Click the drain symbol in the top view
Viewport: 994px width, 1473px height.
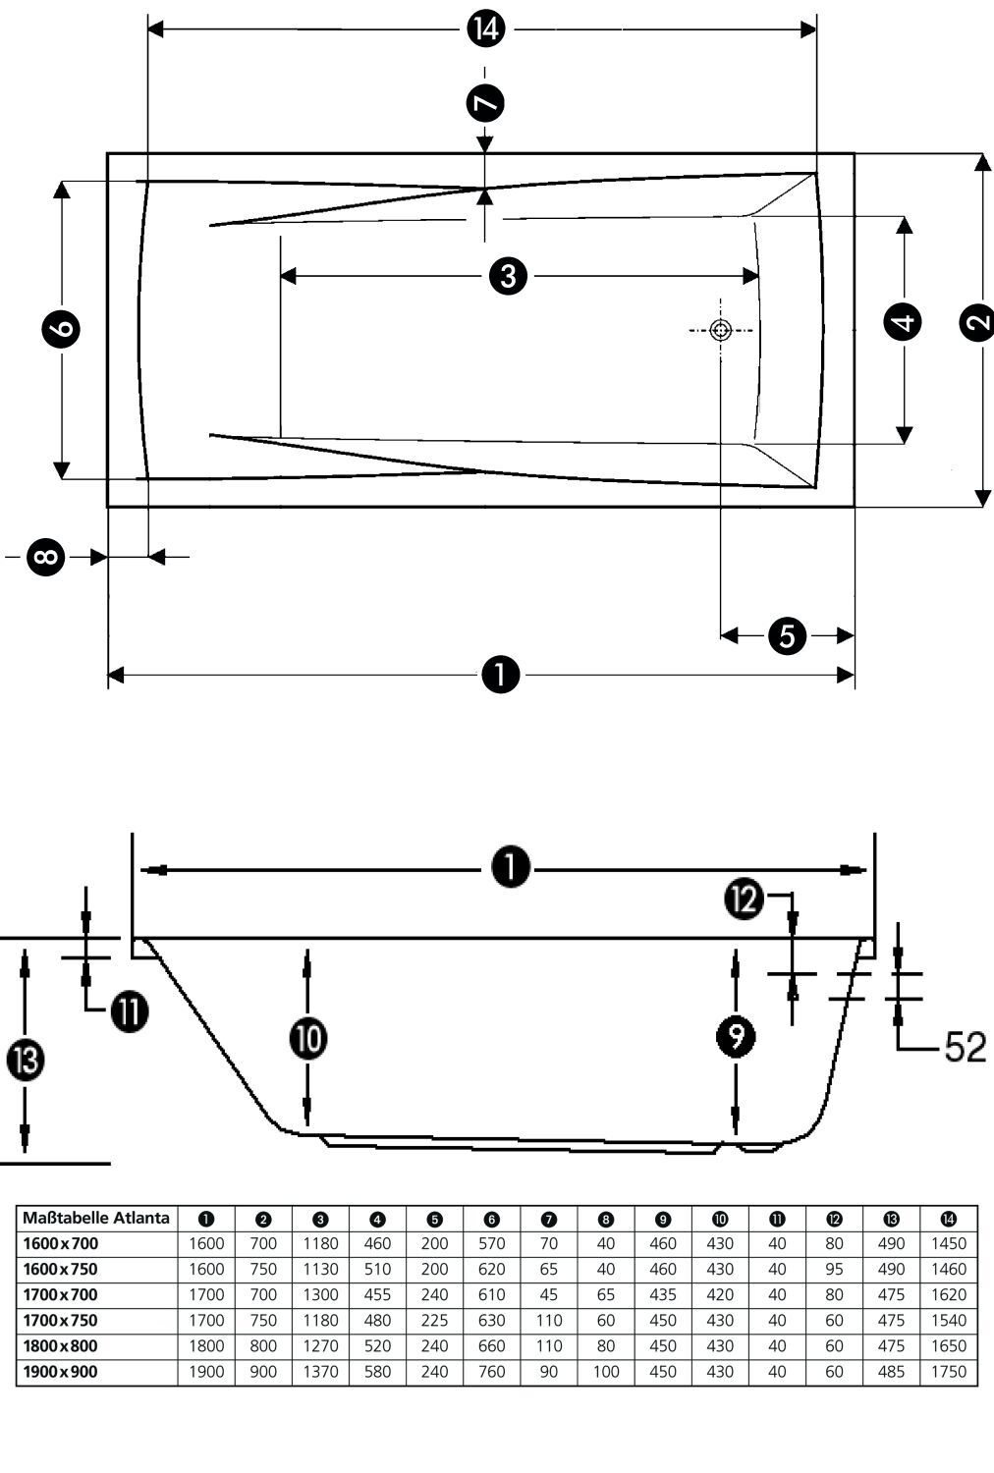click(x=721, y=330)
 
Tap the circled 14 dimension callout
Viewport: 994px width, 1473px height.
click(x=486, y=29)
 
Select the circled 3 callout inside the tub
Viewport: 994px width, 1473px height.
click(x=508, y=276)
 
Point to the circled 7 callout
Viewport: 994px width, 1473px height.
click(x=485, y=103)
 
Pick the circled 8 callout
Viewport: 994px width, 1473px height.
click(x=45, y=557)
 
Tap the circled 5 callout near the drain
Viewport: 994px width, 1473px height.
click(x=788, y=636)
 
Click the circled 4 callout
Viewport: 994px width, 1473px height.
click(x=903, y=322)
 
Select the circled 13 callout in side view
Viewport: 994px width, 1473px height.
click(x=25, y=1061)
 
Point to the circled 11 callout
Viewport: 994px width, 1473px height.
click(x=130, y=1011)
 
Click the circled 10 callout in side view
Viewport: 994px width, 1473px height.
click(x=307, y=1039)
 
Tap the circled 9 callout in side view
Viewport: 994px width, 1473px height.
click(x=736, y=1037)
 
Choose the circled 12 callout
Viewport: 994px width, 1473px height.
click(x=744, y=899)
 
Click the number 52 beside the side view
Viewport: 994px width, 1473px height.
click(x=966, y=1047)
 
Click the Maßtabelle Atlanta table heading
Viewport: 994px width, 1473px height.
click(x=96, y=1218)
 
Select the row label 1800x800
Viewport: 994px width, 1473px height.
click(x=61, y=1346)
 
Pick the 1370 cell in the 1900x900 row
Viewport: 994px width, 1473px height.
click(x=320, y=1372)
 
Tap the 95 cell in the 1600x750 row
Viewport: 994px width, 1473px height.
click(x=834, y=1269)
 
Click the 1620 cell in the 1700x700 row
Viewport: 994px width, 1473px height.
click(x=949, y=1295)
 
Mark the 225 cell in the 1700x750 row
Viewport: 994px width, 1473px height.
click(x=435, y=1321)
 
